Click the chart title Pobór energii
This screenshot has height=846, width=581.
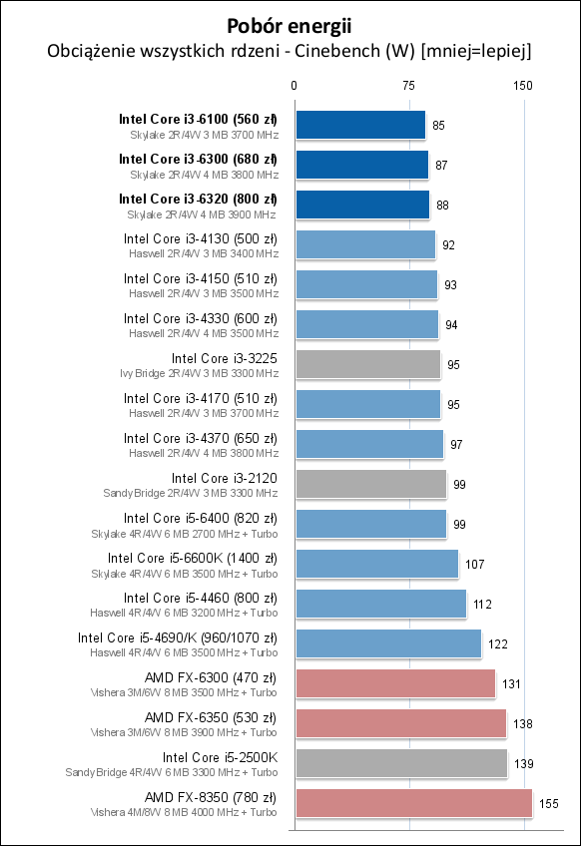[290, 25]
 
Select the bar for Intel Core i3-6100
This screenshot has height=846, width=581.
[359, 125]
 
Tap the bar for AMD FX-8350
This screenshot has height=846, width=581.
[412, 803]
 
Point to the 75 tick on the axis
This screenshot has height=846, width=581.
[408, 86]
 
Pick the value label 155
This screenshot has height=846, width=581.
[548, 804]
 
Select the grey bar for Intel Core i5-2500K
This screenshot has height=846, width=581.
[400, 763]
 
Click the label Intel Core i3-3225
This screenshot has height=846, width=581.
[224, 358]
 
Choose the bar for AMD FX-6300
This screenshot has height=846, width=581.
[394, 683]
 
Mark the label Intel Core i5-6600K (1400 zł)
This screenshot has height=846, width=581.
[193, 558]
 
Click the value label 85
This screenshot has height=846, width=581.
[439, 126]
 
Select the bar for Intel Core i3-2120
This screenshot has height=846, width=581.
[370, 484]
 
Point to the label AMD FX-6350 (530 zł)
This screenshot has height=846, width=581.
[211, 717]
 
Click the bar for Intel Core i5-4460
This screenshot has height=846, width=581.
[380, 604]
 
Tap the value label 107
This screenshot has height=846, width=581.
[475, 565]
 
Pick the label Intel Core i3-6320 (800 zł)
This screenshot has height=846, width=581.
[198, 199]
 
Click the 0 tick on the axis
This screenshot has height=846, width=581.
[294, 86]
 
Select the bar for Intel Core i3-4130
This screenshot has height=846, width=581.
[364, 244]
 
